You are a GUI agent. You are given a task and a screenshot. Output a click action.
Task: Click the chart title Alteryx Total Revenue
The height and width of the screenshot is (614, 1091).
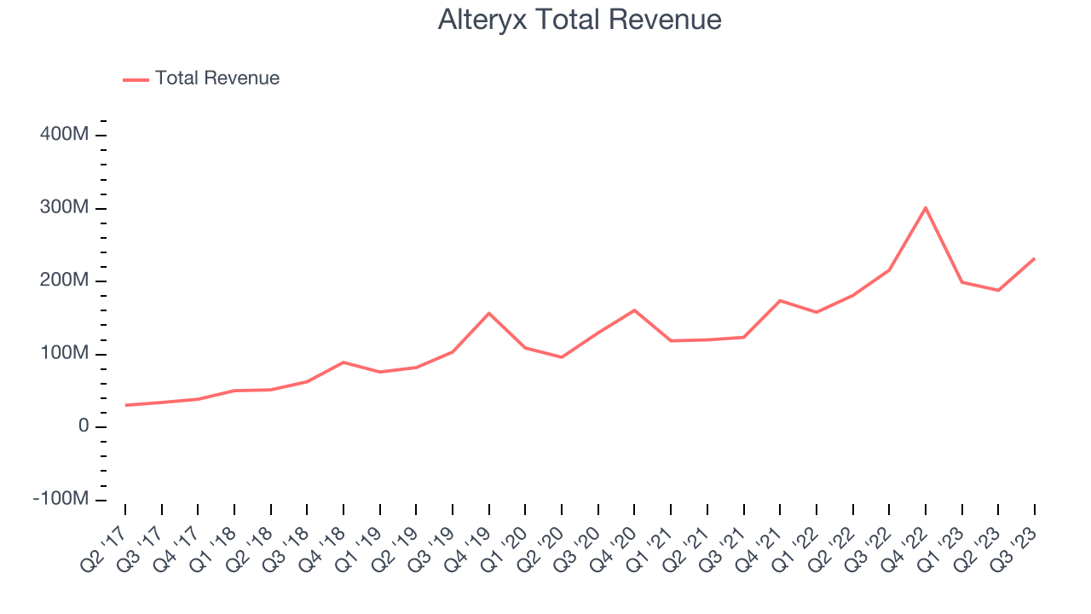[x=580, y=20]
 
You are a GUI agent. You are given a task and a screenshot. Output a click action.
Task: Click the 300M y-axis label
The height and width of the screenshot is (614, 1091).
[x=65, y=209]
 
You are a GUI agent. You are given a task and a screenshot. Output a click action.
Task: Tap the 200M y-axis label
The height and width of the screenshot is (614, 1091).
[x=65, y=281]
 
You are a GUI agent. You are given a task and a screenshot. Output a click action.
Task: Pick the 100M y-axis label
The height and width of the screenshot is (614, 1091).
[x=65, y=354]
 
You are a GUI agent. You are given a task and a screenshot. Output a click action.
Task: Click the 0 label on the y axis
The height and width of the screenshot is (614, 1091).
[x=83, y=426]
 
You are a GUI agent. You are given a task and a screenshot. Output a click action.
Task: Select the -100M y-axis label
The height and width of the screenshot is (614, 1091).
[x=61, y=499]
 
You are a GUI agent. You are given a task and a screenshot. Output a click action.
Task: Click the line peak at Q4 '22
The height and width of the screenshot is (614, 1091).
[x=926, y=207]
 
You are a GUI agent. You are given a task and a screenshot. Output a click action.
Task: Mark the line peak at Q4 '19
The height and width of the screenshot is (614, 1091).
[x=489, y=313]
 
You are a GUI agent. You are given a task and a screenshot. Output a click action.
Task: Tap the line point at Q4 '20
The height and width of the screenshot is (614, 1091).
[x=634, y=310]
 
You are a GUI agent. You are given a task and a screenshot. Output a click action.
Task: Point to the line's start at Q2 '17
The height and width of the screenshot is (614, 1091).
[x=125, y=405]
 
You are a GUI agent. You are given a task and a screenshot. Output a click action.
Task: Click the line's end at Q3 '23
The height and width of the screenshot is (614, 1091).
[x=1035, y=258]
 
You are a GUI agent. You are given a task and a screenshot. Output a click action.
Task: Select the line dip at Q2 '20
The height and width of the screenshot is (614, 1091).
[x=562, y=357]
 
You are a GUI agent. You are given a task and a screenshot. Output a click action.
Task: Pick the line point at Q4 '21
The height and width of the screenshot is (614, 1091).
[x=780, y=300]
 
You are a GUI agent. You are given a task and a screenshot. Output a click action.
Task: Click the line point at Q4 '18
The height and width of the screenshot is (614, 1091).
[x=343, y=362]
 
